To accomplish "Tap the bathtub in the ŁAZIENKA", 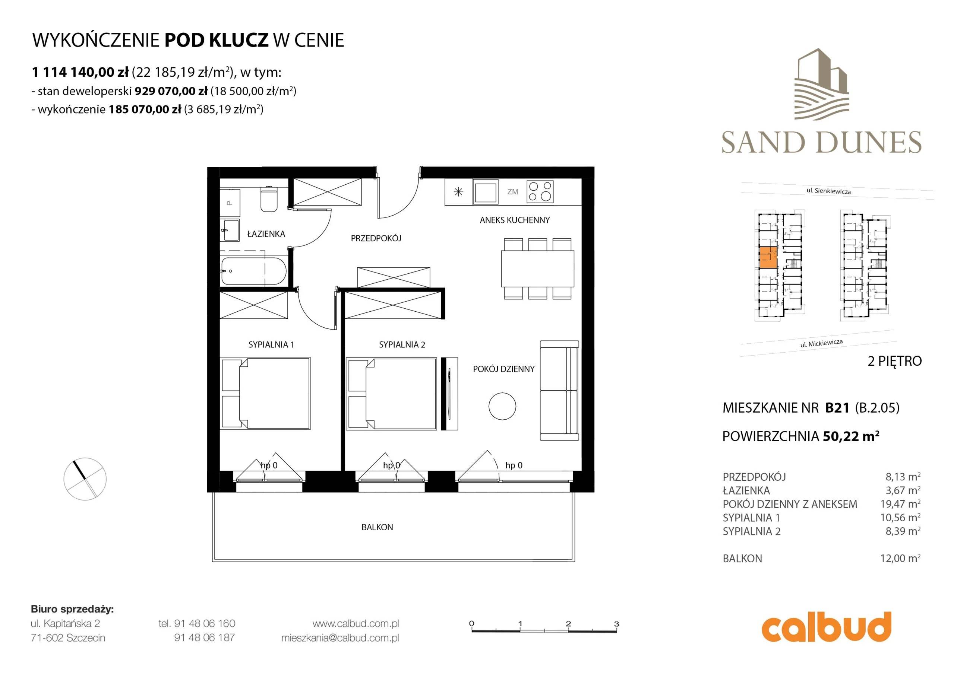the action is (253, 271).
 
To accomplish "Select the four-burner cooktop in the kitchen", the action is (540, 191).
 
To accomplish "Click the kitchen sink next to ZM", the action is (485, 192).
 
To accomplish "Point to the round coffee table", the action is (502, 406).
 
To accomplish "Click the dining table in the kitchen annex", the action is (538, 269).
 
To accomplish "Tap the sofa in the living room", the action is (559, 390).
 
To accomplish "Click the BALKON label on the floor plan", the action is (377, 527).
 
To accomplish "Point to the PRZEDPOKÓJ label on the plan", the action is (376, 238).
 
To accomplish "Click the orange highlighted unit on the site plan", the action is (768, 257).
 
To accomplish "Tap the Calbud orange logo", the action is (826, 627).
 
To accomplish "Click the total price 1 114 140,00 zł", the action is (80, 72).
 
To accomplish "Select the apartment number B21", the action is (837, 408).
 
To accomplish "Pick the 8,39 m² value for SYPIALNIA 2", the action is (903, 531).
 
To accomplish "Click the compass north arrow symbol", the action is (85, 479).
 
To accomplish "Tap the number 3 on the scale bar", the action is (617, 623).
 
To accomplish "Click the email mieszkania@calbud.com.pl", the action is (340, 638).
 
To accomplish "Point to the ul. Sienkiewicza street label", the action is (828, 191).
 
